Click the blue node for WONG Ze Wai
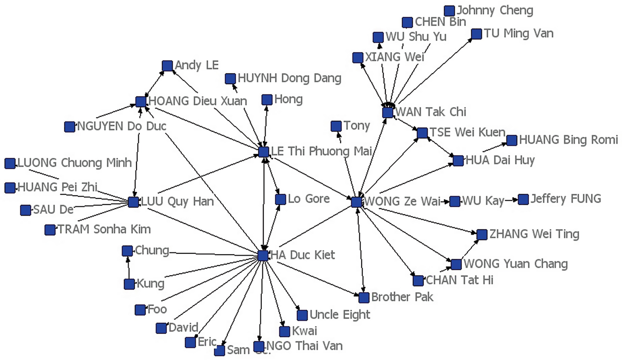pos(356,202)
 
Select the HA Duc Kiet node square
pos(263,255)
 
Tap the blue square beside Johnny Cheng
pos(449,11)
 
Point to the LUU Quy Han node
pos(133,202)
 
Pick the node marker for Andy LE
pos(167,66)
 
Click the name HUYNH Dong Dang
pos(289,78)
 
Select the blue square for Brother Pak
pos(364,297)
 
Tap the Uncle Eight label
pos(340,315)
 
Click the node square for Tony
pos(336,126)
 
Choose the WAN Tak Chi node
pos(388,112)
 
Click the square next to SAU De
pos(26,210)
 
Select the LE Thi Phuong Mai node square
pos(263,152)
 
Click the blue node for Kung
pos(129,284)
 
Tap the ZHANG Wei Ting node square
pos(482,234)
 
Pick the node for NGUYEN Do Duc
pos(69,126)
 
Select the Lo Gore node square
pos(280,199)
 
